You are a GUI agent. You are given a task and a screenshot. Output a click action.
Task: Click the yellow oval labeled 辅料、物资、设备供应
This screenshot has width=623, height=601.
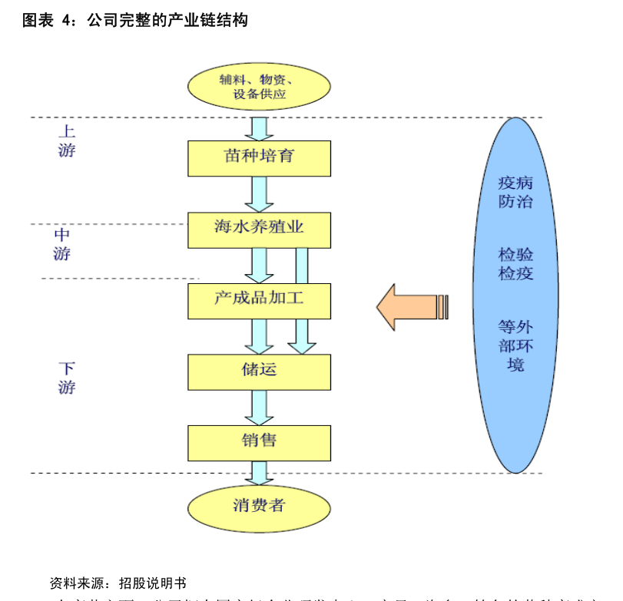coord(259,86)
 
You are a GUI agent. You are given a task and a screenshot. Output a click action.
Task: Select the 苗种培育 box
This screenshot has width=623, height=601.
coord(259,158)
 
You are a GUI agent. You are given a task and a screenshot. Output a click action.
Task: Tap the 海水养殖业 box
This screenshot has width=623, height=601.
coord(259,230)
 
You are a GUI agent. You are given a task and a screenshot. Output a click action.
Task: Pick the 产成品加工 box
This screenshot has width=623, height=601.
coord(259,300)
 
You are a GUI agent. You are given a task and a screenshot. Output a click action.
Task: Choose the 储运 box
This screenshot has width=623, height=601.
coord(259,371)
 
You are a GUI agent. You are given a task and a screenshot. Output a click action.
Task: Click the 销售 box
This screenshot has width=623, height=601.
coord(259,442)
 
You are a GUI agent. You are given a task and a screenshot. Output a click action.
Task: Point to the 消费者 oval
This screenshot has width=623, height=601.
coord(259,507)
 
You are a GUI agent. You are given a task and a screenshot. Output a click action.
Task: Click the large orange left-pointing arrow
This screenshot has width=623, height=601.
coord(407,307)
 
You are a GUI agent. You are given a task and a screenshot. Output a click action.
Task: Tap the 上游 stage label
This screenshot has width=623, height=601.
coord(67,141)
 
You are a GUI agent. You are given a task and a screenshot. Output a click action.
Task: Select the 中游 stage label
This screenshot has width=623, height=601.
coord(62,244)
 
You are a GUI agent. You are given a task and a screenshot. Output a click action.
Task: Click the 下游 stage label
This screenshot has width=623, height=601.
coord(67,378)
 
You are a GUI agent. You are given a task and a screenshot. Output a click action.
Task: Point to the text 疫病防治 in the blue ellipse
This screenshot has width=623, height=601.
coord(515,192)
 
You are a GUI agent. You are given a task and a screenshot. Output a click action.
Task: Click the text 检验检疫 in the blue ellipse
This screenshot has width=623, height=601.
coord(515,263)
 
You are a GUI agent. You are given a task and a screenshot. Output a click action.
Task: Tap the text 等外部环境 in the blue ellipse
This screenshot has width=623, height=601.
coord(515,345)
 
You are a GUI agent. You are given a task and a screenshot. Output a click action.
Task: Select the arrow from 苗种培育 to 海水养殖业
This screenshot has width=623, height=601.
coord(259,194)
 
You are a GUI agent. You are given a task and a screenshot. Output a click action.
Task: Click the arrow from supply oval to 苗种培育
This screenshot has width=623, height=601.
coord(259,127)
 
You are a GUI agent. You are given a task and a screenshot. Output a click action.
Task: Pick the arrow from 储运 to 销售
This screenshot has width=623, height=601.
coord(259,408)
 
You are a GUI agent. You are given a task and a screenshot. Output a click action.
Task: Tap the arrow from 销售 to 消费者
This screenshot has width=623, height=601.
coord(259,473)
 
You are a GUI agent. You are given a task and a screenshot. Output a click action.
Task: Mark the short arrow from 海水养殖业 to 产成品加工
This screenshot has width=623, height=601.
coord(259,266)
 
